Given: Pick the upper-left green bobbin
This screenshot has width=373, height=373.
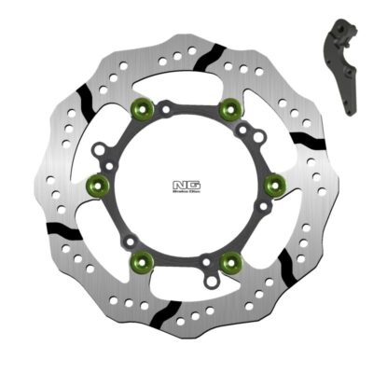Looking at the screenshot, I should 144,108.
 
